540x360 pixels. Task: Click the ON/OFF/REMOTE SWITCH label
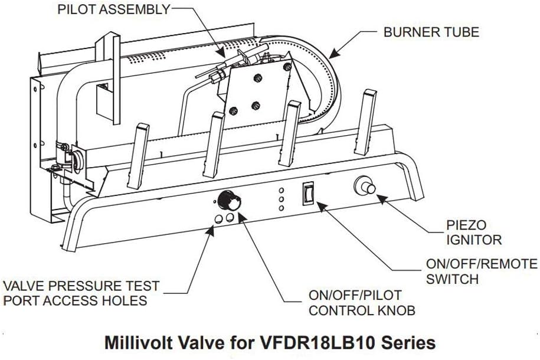(x=482, y=271)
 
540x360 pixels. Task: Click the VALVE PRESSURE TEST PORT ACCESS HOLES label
(x=81, y=293)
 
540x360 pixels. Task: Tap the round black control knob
(x=225, y=201)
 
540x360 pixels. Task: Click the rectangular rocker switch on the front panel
(x=307, y=193)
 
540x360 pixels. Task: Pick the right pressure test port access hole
(x=230, y=219)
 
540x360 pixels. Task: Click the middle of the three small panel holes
(x=282, y=199)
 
